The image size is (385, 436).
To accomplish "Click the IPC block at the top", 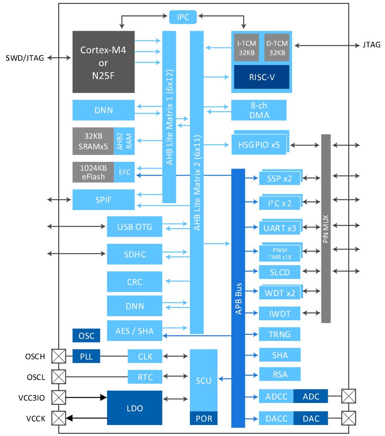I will click(x=183, y=17).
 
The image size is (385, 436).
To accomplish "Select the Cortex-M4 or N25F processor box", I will click(x=104, y=62).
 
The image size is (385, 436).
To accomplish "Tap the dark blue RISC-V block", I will click(x=262, y=77).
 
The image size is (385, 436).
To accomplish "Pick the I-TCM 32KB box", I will click(x=246, y=48).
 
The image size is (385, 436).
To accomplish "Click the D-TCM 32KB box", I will click(x=277, y=48).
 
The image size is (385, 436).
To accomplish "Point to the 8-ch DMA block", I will click(x=259, y=110).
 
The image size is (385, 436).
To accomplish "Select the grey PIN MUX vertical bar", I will click(x=326, y=228).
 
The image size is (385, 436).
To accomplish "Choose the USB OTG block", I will click(x=134, y=227).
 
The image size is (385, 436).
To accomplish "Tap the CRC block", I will click(x=134, y=282).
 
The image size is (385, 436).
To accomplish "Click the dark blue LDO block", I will click(x=134, y=408).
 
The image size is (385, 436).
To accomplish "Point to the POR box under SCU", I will click(x=204, y=418).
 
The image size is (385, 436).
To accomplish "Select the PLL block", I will click(x=86, y=356).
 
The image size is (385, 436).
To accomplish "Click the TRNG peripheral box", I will click(x=280, y=334).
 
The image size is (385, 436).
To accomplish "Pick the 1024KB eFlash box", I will click(x=93, y=172).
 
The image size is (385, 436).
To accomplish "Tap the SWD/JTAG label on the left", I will click(x=25, y=58).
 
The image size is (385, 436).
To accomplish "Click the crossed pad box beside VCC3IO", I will click(x=59, y=397).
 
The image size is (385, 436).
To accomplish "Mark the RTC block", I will click(x=145, y=377).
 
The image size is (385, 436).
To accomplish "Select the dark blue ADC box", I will click(x=311, y=396).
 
